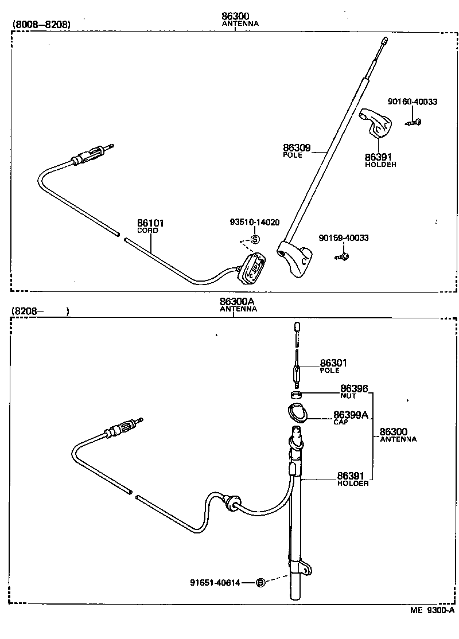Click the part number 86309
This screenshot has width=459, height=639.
tap(297, 147)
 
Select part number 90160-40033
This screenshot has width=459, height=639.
tap(413, 102)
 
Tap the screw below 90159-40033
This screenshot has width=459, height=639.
tap(341, 256)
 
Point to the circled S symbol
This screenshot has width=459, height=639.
tap(255, 239)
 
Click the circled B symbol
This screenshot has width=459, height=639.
tap(260, 582)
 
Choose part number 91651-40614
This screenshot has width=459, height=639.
tap(215, 583)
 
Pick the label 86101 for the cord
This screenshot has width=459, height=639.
tap(150, 223)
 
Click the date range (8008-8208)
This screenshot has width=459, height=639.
tap(42, 25)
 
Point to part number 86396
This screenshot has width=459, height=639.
tap(354, 388)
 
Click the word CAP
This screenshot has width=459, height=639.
tap(341, 422)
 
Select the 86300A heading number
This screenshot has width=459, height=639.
tap(237, 302)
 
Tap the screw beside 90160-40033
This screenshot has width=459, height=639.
tap(413, 122)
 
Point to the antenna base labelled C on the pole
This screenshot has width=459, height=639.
tap(295, 259)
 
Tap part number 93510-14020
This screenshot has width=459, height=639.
tap(255, 222)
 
